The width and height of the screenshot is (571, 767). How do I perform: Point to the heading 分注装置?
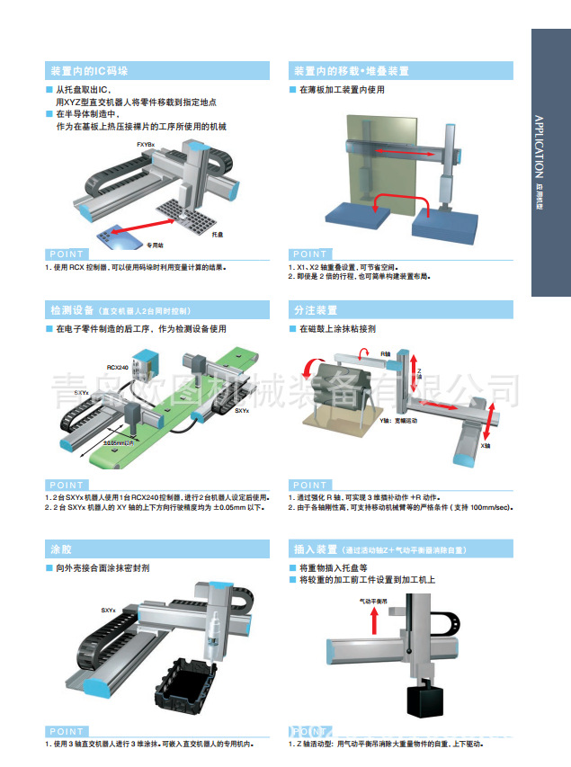click(x=312, y=310)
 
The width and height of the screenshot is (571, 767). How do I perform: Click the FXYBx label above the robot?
click(x=146, y=145)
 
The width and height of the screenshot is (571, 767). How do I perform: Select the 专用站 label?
click(x=157, y=244)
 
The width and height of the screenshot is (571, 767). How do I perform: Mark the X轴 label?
click(x=486, y=445)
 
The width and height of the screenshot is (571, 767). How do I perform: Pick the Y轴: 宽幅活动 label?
click(x=398, y=420)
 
